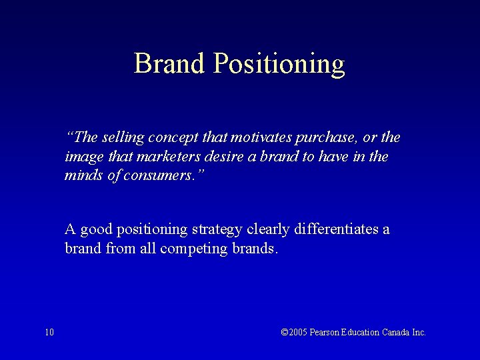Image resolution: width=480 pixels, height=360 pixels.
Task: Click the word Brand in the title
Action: click(170, 64)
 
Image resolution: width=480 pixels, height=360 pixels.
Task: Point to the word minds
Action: click(81, 176)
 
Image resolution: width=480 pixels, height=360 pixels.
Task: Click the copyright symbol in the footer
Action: click(285, 332)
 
